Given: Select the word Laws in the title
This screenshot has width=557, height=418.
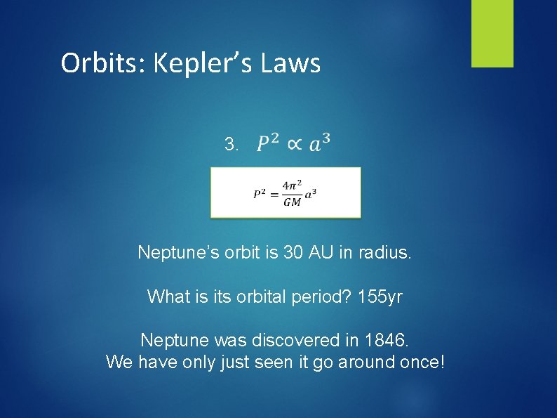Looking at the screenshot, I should [x=291, y=63].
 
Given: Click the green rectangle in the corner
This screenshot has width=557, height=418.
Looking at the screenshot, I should [x=492, y=33].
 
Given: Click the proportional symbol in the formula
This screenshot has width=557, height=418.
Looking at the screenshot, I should [x=295, y=144].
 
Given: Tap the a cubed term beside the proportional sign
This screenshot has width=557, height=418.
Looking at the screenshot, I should [x=319, y=143].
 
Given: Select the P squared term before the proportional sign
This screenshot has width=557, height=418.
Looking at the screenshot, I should [x=267, y=143].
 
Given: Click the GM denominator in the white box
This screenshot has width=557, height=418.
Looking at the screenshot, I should [x=292, y=202].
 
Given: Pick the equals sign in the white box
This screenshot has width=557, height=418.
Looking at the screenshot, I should [x=274, y=194].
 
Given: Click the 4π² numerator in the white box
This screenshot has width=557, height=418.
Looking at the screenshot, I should [x=292, y=186].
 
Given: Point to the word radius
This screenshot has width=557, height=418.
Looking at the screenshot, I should [x=386, y=252].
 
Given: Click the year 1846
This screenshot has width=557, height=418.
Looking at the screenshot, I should [x=385, y=341].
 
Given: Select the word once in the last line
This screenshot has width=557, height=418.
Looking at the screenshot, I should [x=420, y=363].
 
